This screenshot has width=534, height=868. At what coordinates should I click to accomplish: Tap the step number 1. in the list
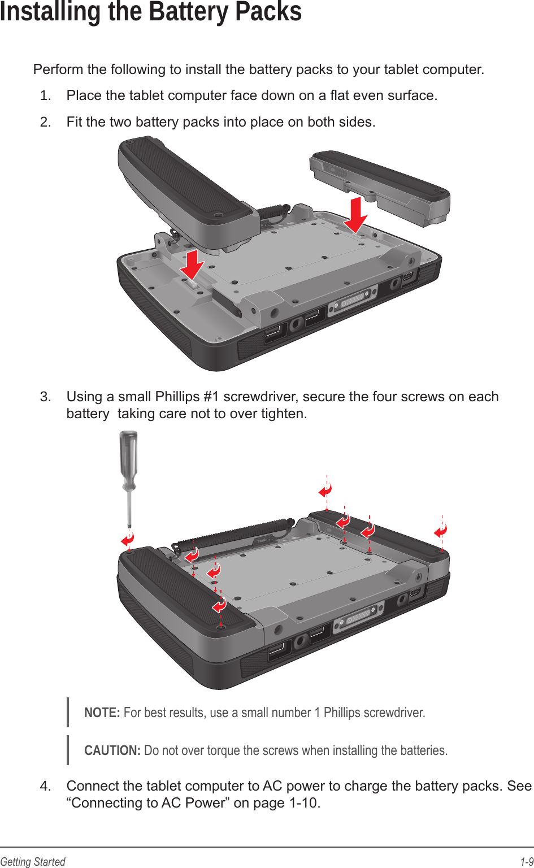click(46, 96)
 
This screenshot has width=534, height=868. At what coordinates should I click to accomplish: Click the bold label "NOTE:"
click(102, 713)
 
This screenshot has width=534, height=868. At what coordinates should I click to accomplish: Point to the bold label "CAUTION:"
click(112, 750)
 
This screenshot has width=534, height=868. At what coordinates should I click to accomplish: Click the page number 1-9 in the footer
click(527, 862)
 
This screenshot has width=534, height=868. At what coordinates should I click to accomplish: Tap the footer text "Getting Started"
click(33, 862)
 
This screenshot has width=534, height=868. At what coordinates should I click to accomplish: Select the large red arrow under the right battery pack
click(355, 215)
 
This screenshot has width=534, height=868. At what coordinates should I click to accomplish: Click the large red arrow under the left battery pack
click(192, 264)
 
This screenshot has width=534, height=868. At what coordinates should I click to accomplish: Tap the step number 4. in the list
click(46, 786)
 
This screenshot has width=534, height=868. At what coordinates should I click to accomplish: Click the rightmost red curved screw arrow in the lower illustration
click(441, 531)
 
